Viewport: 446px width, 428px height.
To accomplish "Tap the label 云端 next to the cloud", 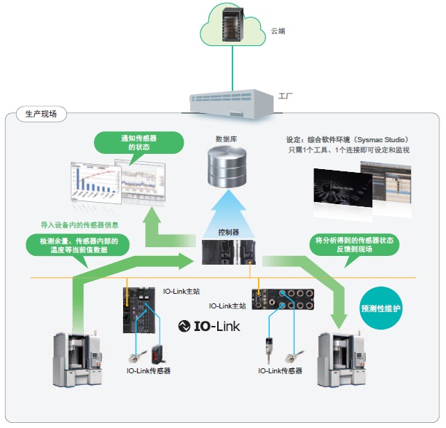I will pyautogui.click(x=278, y=31).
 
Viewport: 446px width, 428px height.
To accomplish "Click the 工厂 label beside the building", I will pyautogui.click(x=286, y=96).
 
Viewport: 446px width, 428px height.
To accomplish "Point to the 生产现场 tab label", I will pyautogui.click(x=41, y=114).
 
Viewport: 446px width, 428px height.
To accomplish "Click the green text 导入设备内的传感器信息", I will pyautogui.click(x=79, y=225).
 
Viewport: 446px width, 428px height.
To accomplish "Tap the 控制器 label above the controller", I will pyautogui.click(x=229, y=231).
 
